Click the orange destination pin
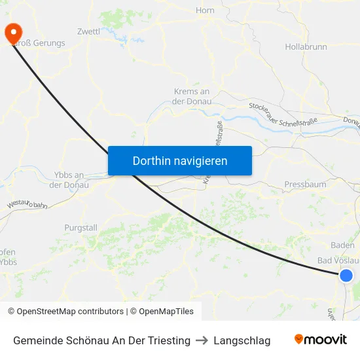[12, 33]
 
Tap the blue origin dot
[346, 276]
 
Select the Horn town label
[205, 10]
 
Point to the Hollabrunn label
[306, 47]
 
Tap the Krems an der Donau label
[192, 96]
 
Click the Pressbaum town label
[305, 185]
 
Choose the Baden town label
[343, 245]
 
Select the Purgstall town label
[81, 228]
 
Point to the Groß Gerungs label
[39, 43]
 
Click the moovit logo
[321, 340]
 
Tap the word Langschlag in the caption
[242, 340]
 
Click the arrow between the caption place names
[202, 340]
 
